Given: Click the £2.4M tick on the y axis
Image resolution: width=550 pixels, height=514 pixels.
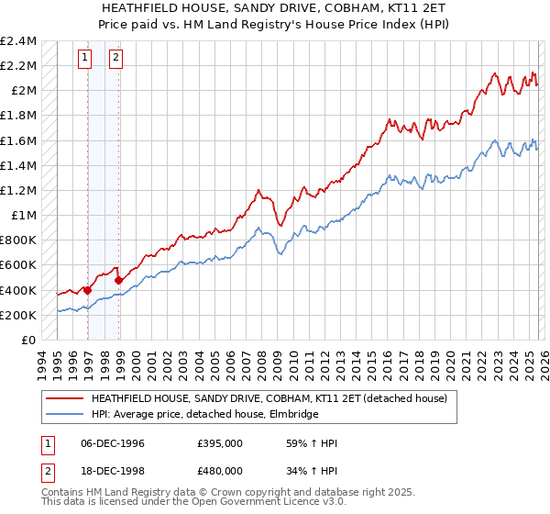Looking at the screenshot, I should pos(18,41).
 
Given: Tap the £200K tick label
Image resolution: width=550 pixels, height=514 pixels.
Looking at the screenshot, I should pos(18,315).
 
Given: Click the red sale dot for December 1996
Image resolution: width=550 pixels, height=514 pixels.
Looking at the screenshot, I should pos(88,291).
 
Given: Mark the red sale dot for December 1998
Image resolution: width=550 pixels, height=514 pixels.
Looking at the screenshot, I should pos(119,280).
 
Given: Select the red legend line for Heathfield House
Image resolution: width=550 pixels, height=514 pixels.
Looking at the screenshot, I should pos(65,398).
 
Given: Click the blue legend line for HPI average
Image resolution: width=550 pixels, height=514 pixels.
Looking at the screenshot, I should pos(65,414).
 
